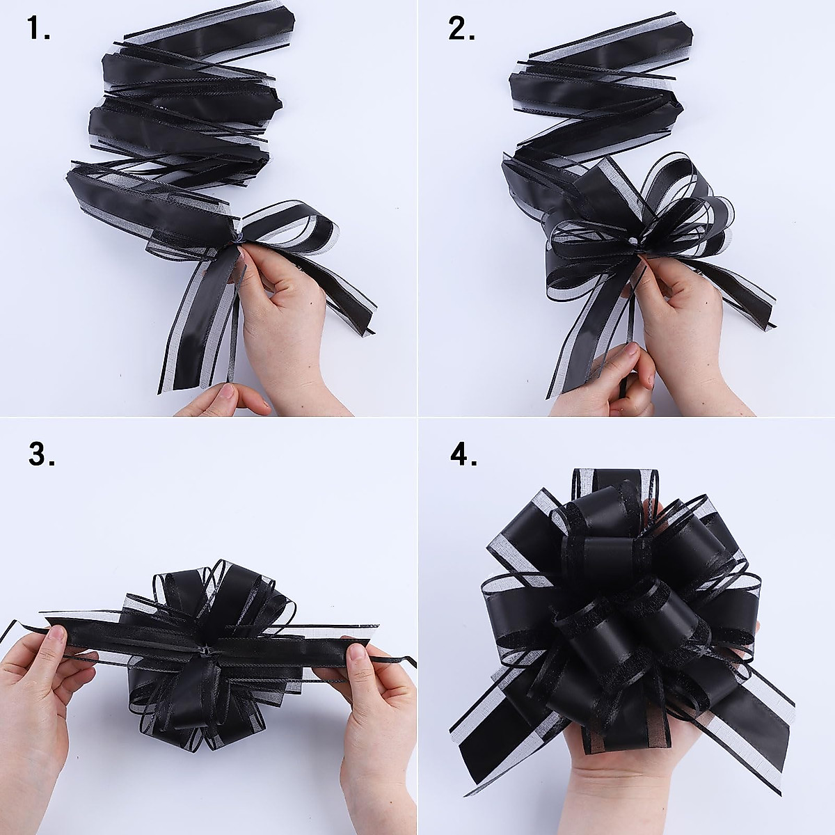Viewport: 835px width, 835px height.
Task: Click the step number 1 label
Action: [x=39, y=29]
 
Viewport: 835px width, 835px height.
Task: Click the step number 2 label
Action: [x=461, y=29]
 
